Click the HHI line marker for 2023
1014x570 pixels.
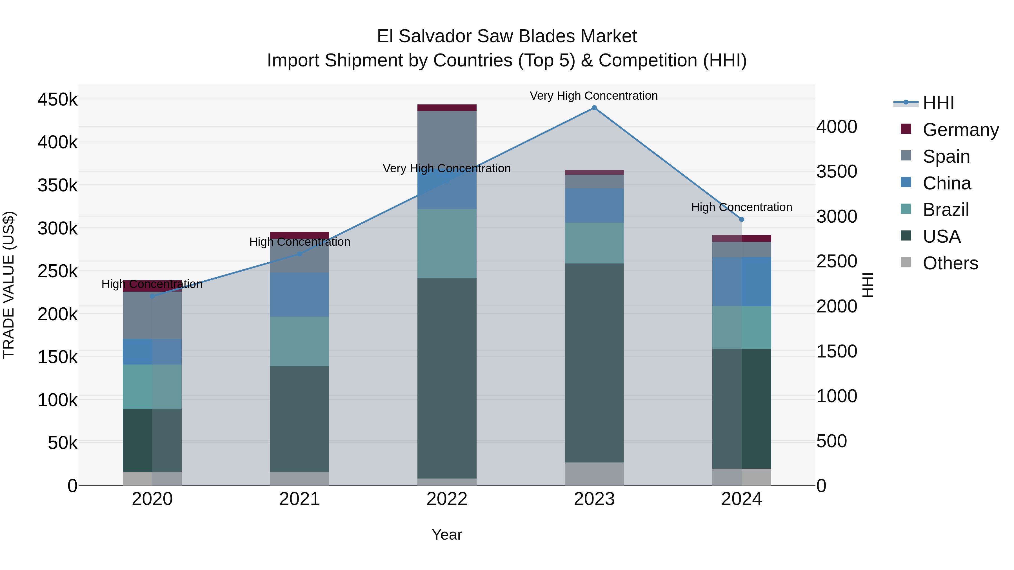coord(594,108)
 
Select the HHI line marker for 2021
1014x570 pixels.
coord(300,254)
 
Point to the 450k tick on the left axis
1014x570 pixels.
coord(57,100)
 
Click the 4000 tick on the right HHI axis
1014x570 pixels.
coord(837,127)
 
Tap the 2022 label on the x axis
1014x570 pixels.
coord(447,499)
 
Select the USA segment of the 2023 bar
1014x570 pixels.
coord(594,362)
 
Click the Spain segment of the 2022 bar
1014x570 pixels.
coord(447,134)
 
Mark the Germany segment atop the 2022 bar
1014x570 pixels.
coord(447,108)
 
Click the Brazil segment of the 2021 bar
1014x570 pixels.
coord(300,341)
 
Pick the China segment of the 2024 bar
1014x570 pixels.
coord(742,282)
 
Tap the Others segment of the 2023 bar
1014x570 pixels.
coord(594,474)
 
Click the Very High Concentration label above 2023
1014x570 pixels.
coord(593,96)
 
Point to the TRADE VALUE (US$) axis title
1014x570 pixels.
coord(9,285)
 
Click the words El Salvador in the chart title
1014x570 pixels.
coord(424,36)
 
